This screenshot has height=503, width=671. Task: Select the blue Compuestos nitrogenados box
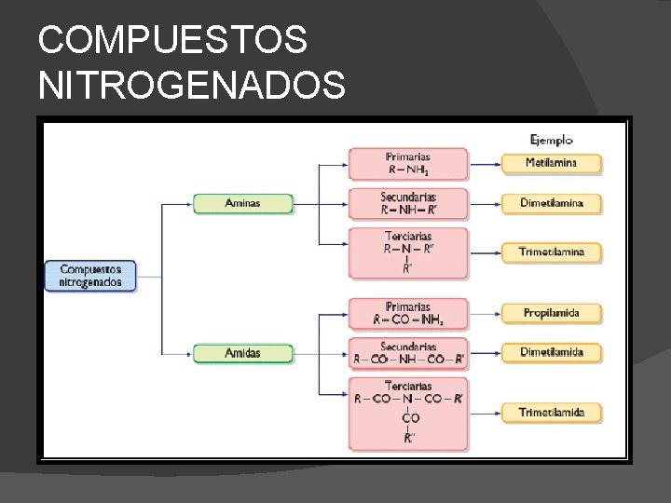[x=90, y=276]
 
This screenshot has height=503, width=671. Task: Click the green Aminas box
[x=242, y=203]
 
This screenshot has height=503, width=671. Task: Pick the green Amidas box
[x=242, y=353]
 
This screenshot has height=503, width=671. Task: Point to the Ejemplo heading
[x=551, y=141]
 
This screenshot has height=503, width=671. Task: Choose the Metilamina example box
[x=551, y=163]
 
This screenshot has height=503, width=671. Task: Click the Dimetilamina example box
[x=551, y=203]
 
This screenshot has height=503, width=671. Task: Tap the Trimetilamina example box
[x=551, y=251]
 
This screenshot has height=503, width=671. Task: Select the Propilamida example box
[x=551, y=313]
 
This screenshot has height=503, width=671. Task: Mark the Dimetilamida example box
[x=551, y=352]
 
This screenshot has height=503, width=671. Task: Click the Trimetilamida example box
[x=551, y=411]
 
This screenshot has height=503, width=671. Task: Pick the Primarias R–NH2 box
[x=408, y=163]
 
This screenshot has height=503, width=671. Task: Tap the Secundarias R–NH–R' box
[x=408, y=203]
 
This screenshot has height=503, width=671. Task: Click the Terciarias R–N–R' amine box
[x=408, y=252]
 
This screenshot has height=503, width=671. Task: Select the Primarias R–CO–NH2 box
[x=408, y=313]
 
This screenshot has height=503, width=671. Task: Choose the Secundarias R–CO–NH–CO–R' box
[x=408, y=352]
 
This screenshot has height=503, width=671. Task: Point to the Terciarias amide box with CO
[x=408, y=411]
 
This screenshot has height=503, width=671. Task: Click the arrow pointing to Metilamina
[x=485, y=163]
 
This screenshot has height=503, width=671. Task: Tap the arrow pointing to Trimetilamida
[x=485, y=411]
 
